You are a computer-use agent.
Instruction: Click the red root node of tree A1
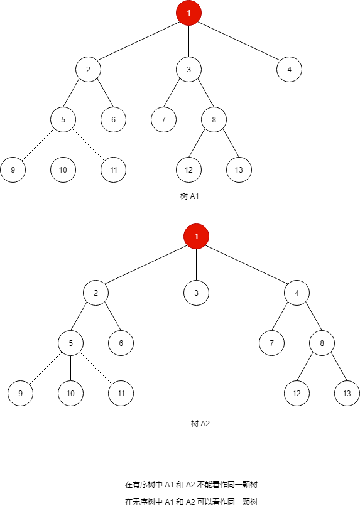(x=189, y=13)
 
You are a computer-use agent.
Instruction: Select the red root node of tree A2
(x=196, y=237)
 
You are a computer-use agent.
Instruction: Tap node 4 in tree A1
(x=289, y=69)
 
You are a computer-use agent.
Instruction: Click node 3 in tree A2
(x=196, y=293)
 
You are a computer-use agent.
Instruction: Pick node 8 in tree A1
(x=214, y=119)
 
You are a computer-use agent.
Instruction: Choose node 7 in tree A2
(x=271, y=343)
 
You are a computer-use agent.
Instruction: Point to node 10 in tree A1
(x=63, y=170)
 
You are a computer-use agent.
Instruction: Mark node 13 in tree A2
(x=347, y=394)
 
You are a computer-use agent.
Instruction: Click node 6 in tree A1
(x=113, y=119)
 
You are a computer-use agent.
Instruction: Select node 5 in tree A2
(x=70, y=343)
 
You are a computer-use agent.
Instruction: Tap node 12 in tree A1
(x=188, y=170)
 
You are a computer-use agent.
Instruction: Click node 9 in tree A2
(x=20, y=394)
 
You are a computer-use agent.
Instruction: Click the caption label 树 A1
(x=189, y=196)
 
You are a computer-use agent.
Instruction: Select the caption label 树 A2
(x=200, y=424)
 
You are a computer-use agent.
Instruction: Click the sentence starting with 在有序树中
(x=192, y=485)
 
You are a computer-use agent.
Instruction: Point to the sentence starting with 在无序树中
(x=192, y=502)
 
